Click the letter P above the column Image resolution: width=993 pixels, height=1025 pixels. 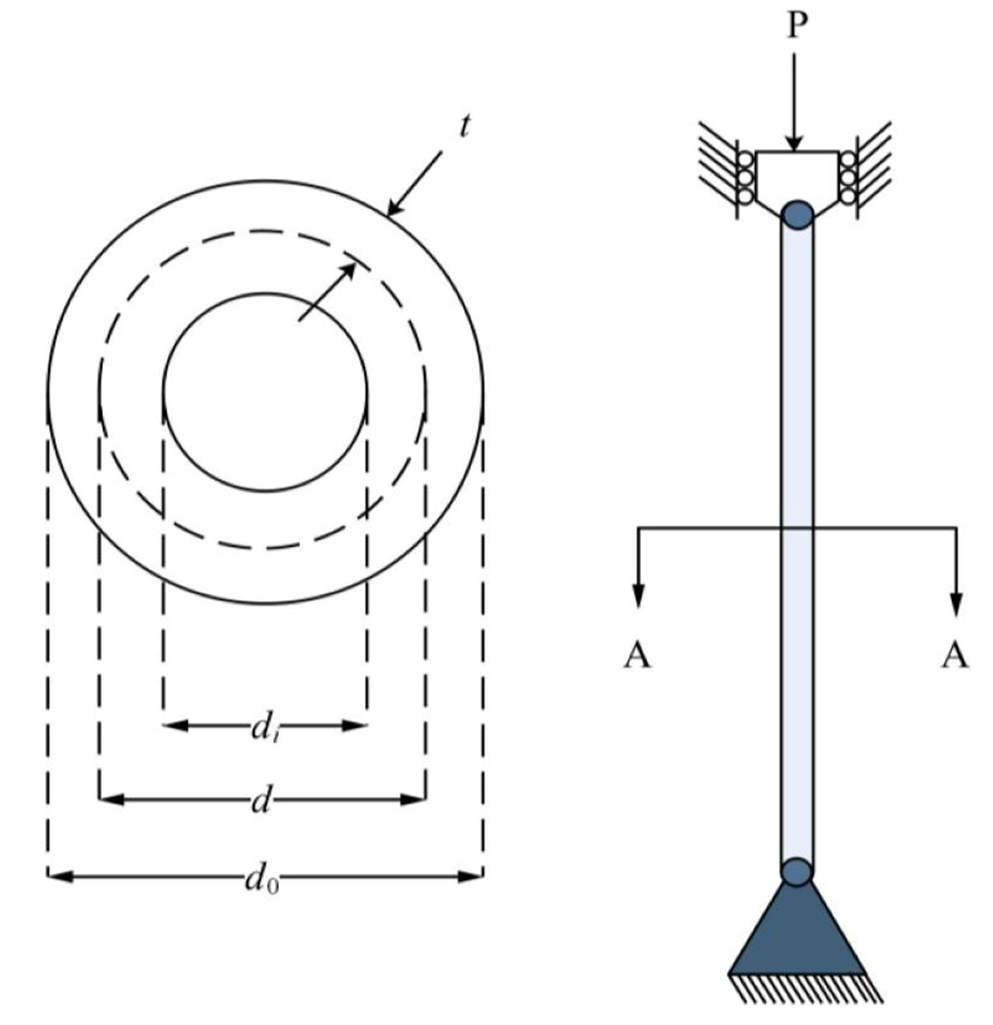tap(796, 26)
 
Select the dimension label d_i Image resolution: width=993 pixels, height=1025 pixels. tap(263, 728)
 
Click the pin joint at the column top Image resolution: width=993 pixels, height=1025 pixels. tap(797, 217)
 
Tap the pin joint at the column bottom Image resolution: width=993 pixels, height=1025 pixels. tap(797, 871)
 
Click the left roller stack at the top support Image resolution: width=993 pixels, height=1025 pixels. tap(743, 178)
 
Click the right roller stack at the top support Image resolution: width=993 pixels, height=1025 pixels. tap(848, 178)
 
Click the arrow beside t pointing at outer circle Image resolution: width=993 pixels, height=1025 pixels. tap(415, 182)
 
